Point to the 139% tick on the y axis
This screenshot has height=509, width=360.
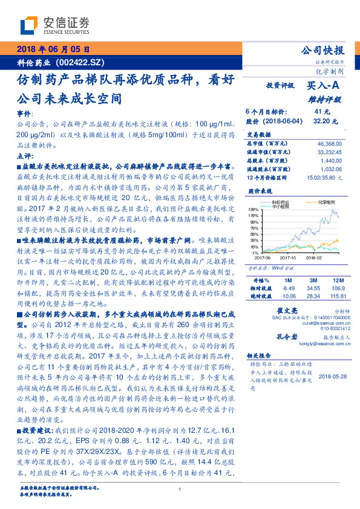pyautogui.click(x=253, y=209)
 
